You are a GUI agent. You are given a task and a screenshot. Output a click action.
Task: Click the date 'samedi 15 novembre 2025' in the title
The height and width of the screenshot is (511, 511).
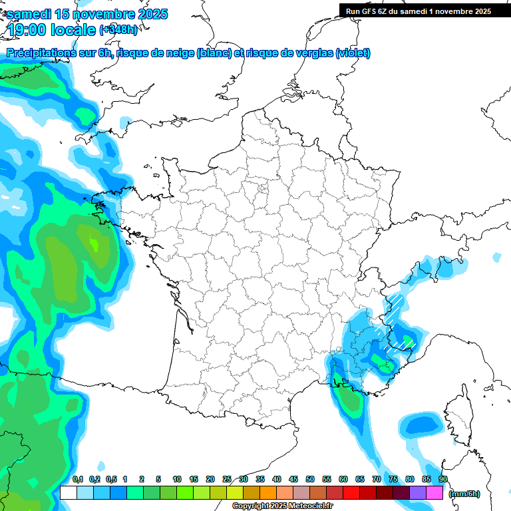coord(87,14)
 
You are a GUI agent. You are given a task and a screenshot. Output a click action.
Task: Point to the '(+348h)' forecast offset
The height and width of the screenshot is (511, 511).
coord(118,30)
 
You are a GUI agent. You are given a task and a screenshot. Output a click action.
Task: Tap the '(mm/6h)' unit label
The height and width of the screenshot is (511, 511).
coord(464,493)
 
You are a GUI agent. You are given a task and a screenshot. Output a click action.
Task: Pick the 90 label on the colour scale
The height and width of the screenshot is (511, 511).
coord(443,479)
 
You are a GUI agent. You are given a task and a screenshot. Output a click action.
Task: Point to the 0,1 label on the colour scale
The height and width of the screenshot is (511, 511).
coord(77,479)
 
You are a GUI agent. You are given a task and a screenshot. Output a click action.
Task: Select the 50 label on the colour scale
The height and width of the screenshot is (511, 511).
coord(310,479)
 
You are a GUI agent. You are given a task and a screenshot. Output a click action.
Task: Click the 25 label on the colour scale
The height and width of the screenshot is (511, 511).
coord(227,479)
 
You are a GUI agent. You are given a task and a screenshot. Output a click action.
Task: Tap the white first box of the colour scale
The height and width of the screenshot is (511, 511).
coord(68,493)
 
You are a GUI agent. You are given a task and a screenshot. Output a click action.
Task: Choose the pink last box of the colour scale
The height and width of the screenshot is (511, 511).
coord(434,493)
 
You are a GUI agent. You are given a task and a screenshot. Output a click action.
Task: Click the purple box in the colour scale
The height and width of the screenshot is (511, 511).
coord(418,493)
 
